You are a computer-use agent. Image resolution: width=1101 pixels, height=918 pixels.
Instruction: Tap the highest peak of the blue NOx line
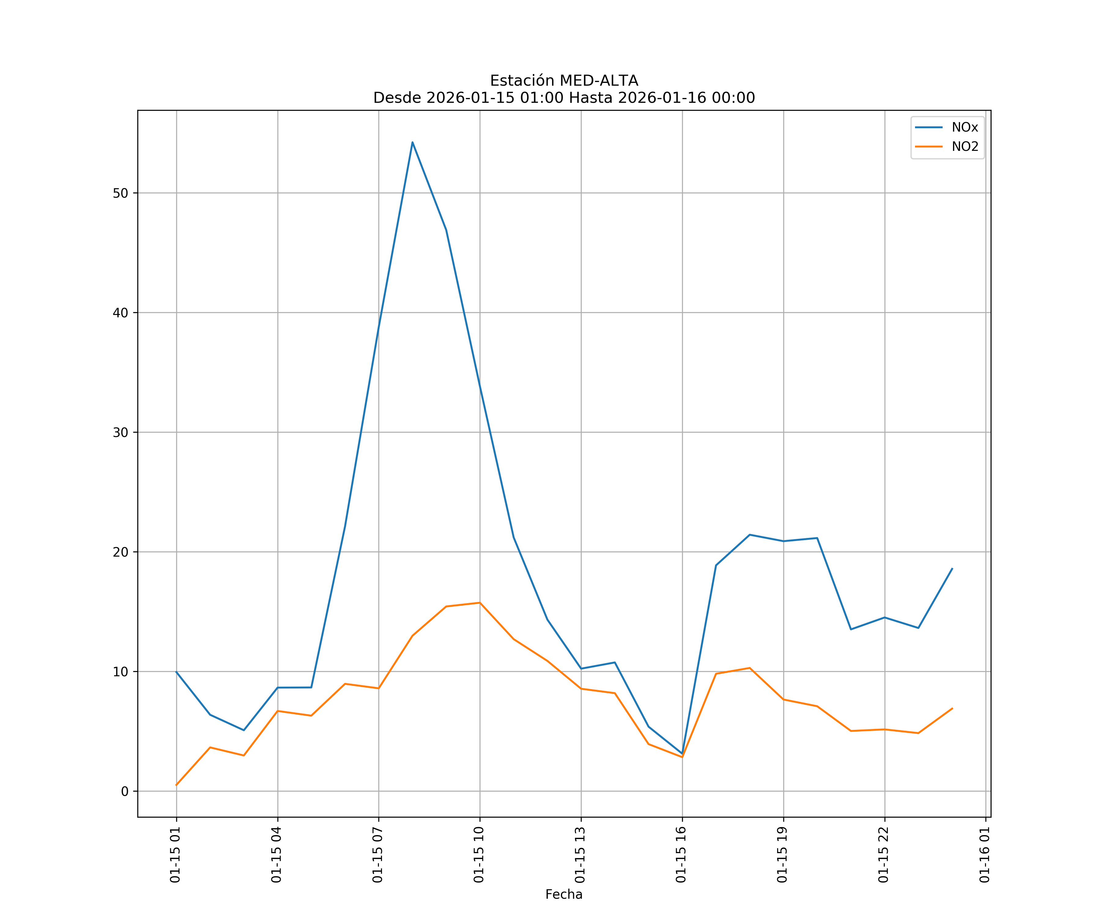(413, 142)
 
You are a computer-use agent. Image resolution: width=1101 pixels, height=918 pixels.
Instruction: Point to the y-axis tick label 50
(120, 193)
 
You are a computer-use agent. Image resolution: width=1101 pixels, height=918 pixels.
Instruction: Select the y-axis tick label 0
(125, 792)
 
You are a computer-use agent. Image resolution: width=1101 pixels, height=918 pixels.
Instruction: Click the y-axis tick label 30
(120, 432)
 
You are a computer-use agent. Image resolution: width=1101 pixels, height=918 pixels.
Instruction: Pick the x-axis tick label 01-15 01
(176, 855)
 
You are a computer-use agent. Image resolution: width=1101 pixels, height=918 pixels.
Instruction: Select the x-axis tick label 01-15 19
(783, 855)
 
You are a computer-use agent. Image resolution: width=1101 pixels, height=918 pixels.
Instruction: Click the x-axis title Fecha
(564, 894)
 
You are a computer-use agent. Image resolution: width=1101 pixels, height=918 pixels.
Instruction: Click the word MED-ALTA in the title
(599, 81)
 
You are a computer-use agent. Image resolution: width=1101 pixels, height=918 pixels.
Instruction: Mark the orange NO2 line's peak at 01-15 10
(480, 603)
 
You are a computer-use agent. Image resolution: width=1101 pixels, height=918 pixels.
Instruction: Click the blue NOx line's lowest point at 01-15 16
(682, 754)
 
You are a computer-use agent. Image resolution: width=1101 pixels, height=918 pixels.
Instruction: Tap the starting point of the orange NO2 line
(177, 785)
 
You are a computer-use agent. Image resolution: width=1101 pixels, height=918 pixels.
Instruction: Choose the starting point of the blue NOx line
(177, 672)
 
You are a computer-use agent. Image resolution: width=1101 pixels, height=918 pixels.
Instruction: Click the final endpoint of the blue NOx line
(952, 569)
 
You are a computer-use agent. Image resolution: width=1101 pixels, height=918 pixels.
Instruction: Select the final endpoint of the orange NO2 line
(952, 709)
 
